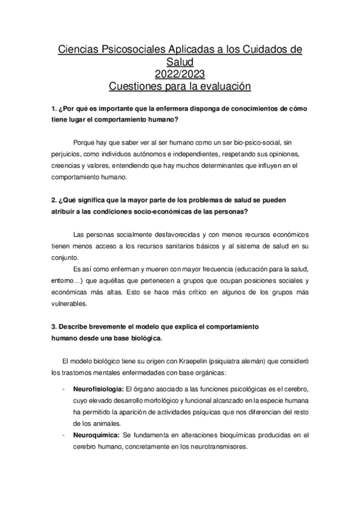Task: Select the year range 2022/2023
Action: pos(180,74)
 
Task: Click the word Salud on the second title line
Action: pos(180,61)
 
